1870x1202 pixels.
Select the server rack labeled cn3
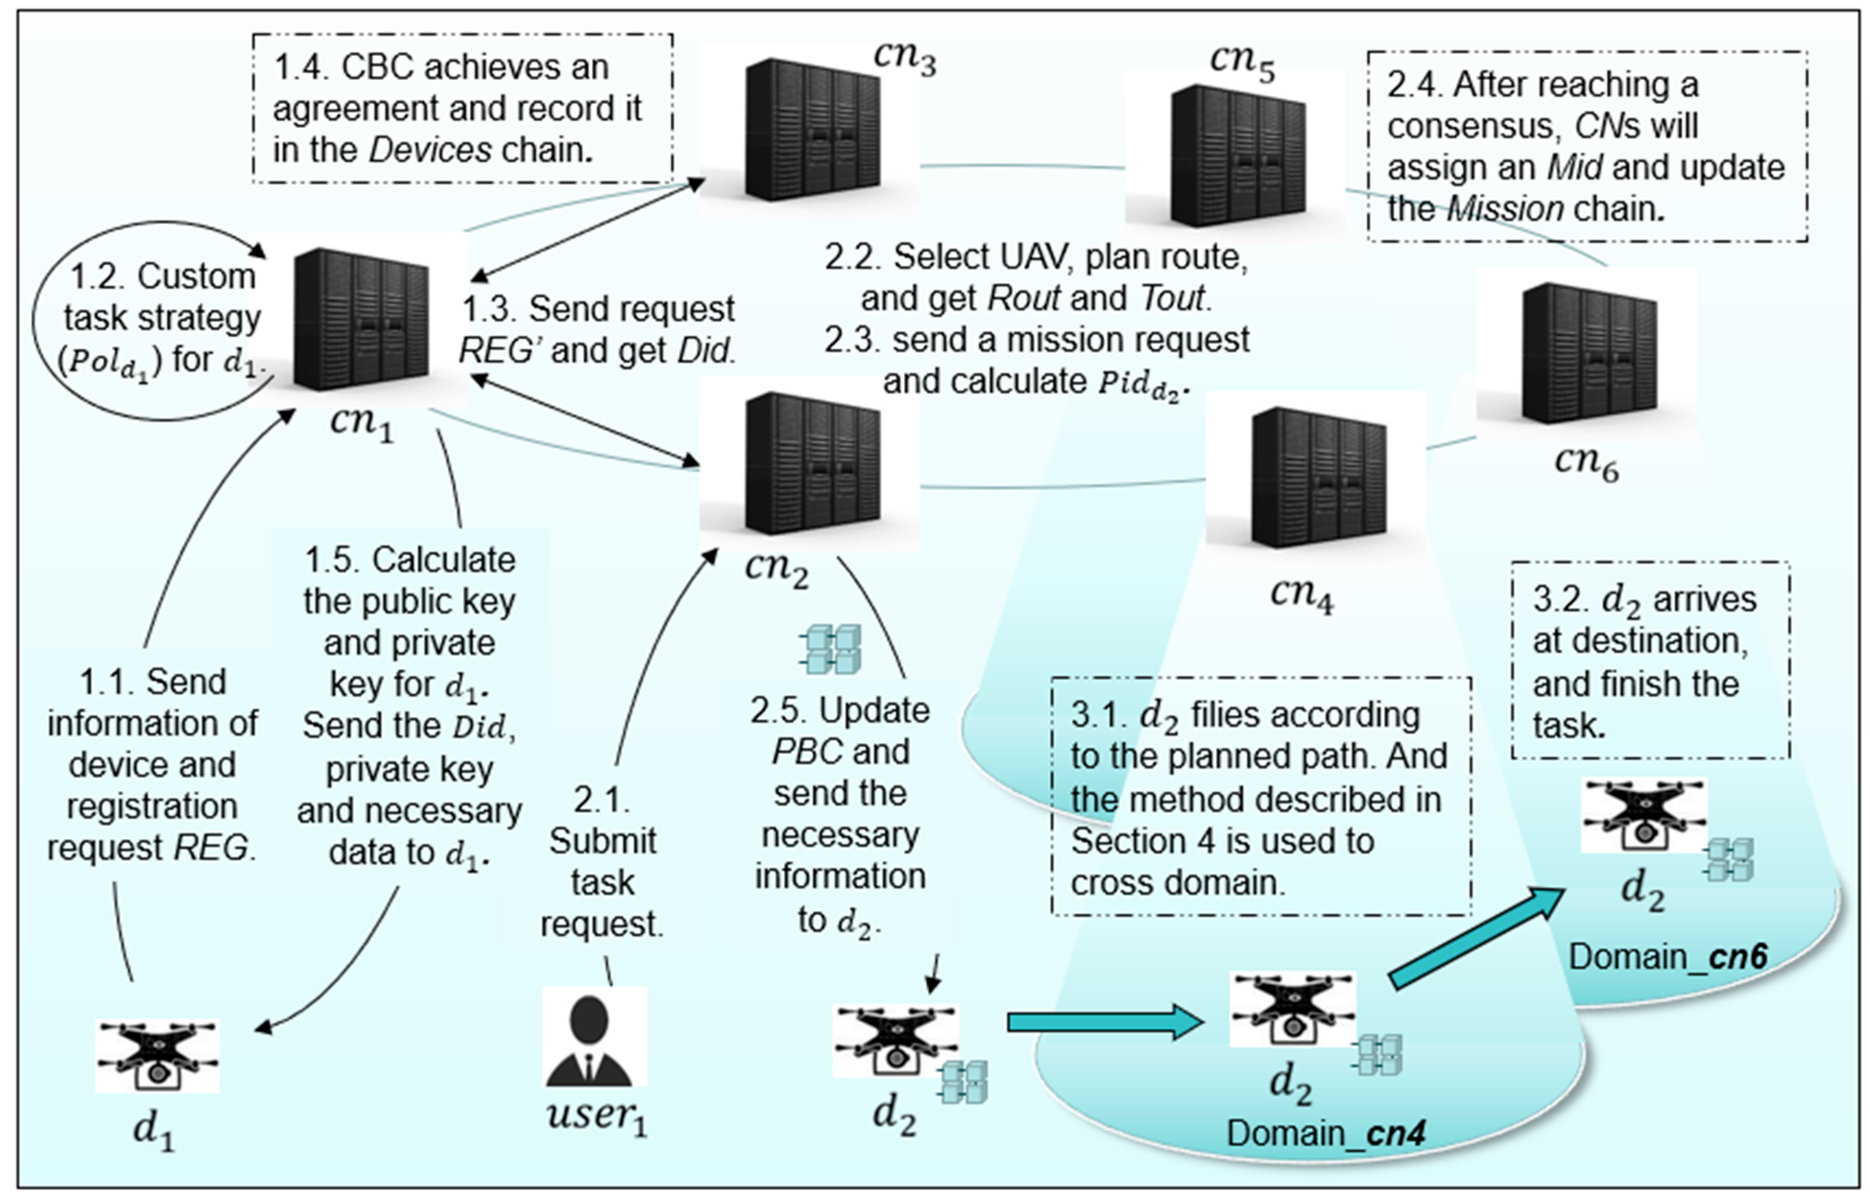click(x=812, y=129)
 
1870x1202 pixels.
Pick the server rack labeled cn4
click(x=1318, y=476)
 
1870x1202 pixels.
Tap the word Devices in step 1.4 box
click(x=430, y=150)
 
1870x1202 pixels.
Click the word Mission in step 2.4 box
click(x=1506, y=209)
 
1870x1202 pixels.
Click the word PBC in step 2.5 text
click(x=807, y=751)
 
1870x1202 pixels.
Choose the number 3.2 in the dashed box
click(x=1559, y=600)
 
